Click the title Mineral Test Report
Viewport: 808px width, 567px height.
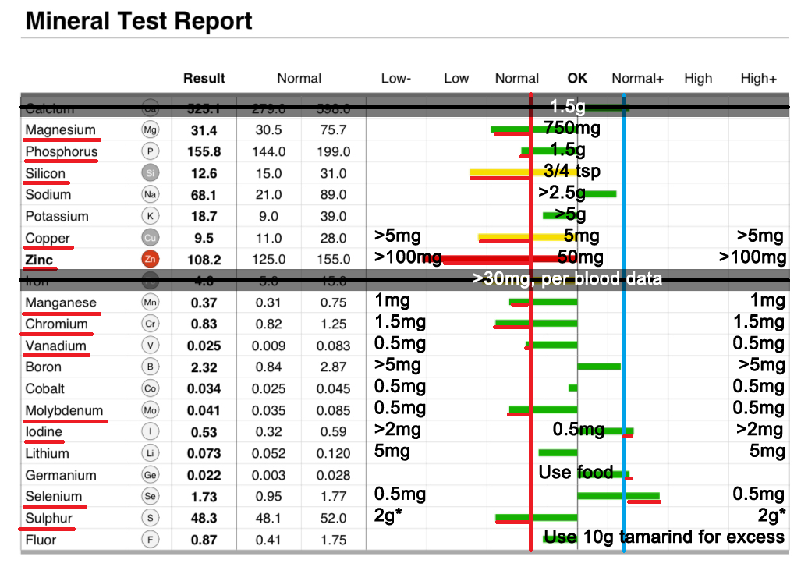click(x=139, y=21)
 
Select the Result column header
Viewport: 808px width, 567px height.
click(x=204, y=78)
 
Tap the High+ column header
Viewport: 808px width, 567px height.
click(x=758, y=78)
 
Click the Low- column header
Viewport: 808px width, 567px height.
click(x=396, y=78)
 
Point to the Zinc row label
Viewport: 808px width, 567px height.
click(x=39, y=260)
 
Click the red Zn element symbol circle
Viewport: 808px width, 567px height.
click(x=151, y=260)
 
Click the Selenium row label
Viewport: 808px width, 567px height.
click(x=53, y=496)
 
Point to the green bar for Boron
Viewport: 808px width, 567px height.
click(x=598, y=366)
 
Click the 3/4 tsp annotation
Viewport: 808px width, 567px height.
click(x=572, y=171)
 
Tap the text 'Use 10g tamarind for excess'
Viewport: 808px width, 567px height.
click(x=664, y=537)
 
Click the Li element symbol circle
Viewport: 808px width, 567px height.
click(x=151, y=453)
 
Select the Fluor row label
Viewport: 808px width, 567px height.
click(x=41, y=540)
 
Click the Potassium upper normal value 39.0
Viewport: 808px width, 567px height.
click(x=333, y=217)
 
